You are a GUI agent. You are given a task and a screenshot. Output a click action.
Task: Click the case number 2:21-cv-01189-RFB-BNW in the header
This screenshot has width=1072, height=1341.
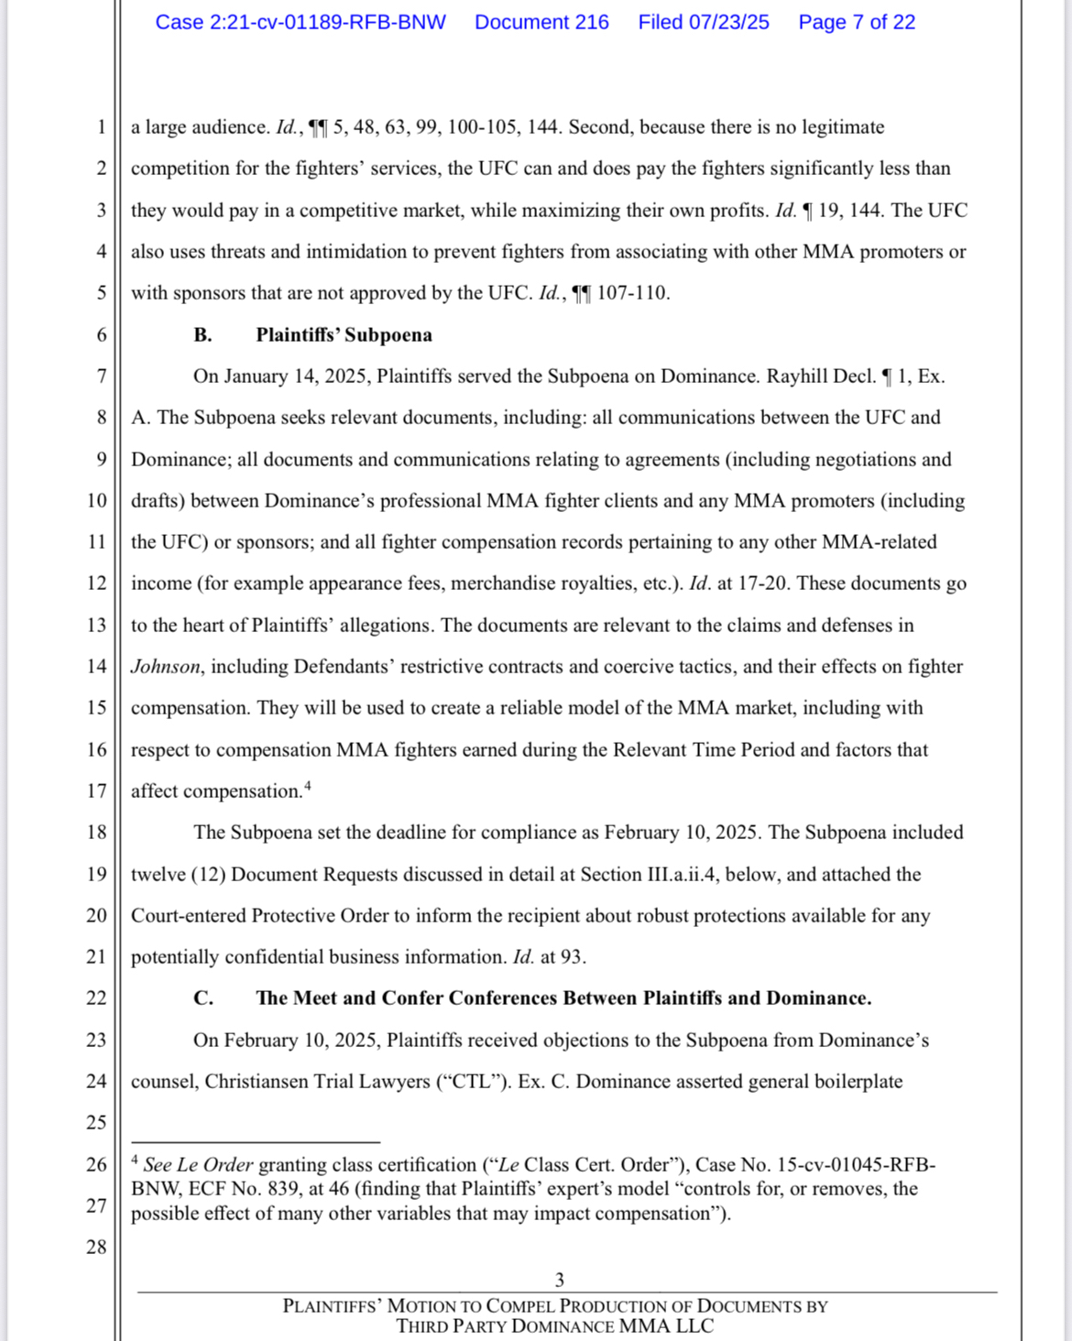coord(300,23)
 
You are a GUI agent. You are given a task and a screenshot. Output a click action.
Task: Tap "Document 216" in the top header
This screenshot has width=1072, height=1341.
coord(541,23)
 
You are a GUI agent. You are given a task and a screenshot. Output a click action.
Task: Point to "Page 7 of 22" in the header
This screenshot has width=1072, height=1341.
coord(856,23)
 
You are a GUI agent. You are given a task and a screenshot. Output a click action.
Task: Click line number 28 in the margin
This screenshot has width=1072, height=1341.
coord(96,1247)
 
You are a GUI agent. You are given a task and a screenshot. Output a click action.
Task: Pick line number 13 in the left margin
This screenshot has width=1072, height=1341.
coord(96,625)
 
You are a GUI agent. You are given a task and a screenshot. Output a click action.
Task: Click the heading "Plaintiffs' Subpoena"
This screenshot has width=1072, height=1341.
coord(344,335)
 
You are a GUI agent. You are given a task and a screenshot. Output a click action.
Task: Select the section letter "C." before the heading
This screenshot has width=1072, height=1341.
coord(203,998)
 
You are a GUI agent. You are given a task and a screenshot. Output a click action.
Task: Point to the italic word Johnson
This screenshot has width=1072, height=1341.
coord(165,667)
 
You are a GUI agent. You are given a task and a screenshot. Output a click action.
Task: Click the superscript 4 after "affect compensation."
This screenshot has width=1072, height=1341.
coord(308,785)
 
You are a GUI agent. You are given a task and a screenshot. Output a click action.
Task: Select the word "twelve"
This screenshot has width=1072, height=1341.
coord(158,875)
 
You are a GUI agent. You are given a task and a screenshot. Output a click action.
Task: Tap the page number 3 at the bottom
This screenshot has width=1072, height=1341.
coord(559,1280)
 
